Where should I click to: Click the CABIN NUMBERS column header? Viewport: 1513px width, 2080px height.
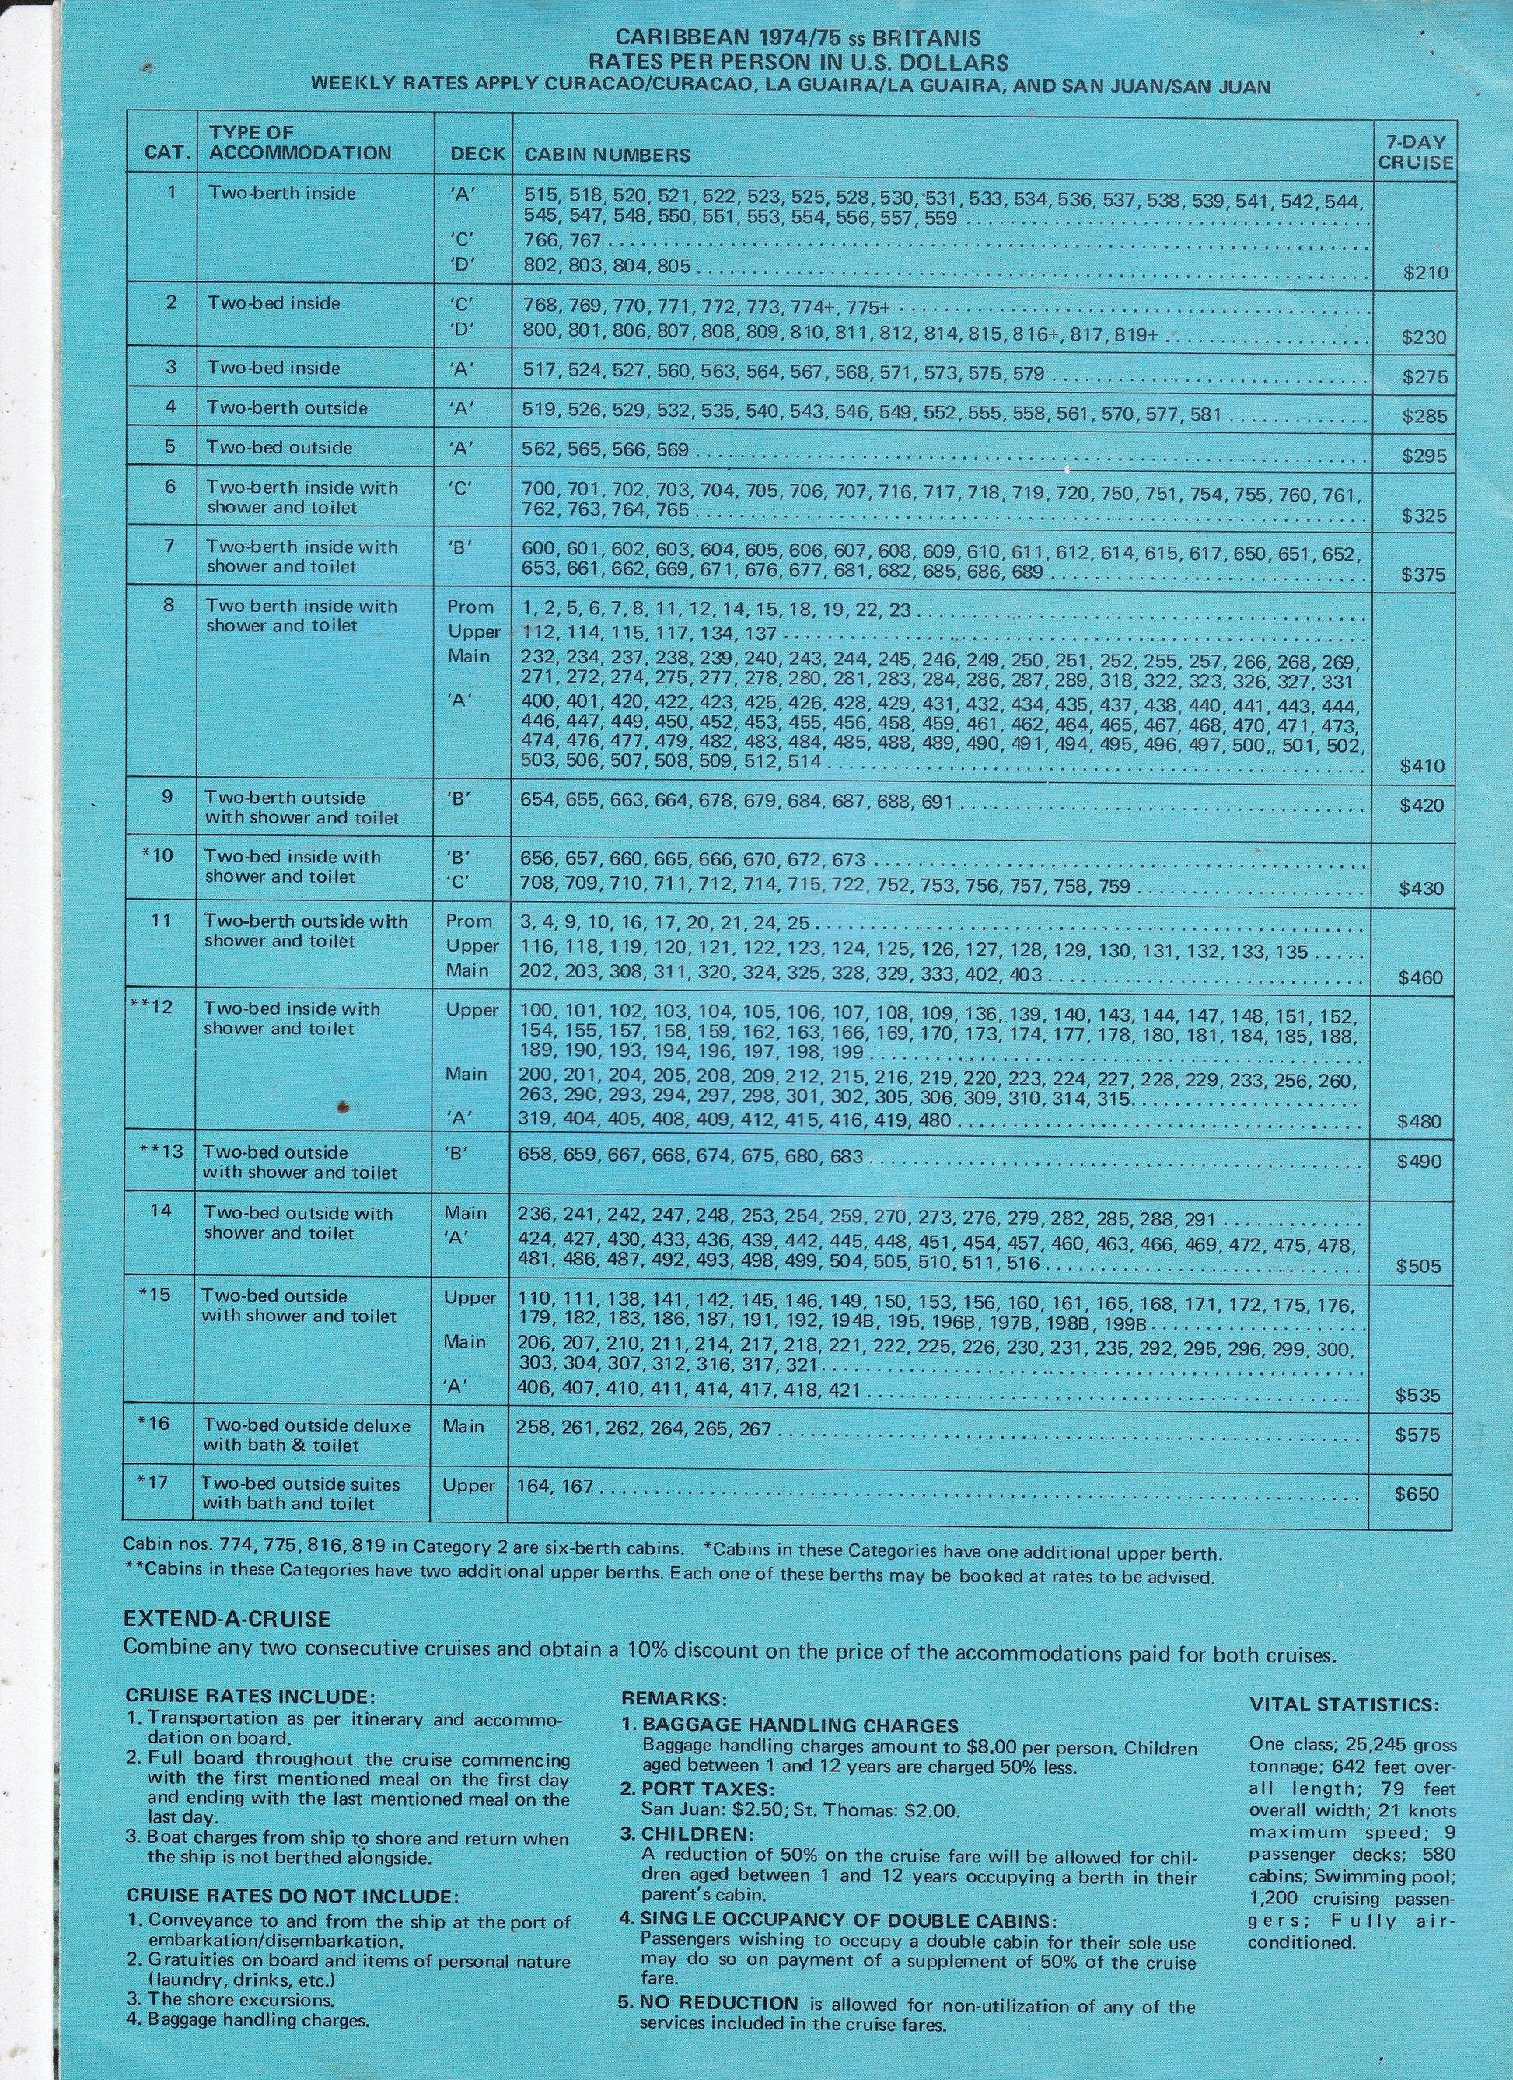[x=607, y=155]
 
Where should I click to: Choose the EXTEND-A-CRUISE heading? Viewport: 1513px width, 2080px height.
[x=227, y=1620]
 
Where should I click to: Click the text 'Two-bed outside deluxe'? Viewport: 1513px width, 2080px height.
[x=307, y=1426]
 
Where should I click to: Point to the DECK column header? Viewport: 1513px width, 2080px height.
[x=477, y=154]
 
